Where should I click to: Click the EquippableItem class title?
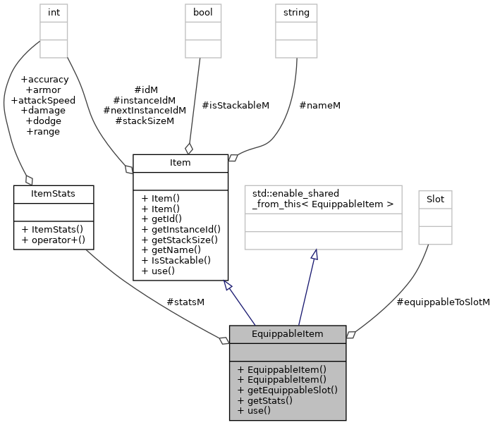(287, 333)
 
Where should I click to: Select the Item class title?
(180, 163)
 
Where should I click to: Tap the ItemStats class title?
(54, 192)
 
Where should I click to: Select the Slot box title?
(435, 199)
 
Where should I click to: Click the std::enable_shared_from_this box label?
(323, 199)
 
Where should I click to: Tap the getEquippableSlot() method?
(287, 390)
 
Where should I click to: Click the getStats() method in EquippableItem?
(265, 400)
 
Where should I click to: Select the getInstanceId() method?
(181, 229)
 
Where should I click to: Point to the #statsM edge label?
(185, 302)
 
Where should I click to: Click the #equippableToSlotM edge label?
(443, 302)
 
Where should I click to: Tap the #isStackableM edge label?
(236, 105)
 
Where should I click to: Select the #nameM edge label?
(319, 105)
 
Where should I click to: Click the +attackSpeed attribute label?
(43, 100)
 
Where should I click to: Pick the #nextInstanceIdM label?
(145, 110)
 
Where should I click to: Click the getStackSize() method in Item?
(179, 240)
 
